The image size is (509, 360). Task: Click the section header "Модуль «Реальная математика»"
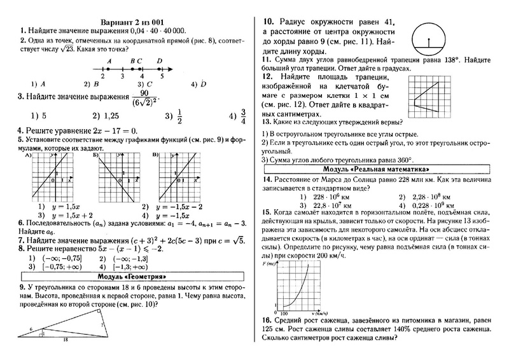point(375,170)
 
